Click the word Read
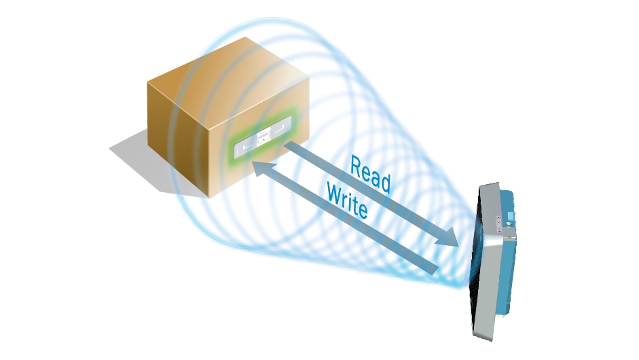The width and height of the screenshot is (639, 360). [370, 174]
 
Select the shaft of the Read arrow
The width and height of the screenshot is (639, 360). [367, 190]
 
